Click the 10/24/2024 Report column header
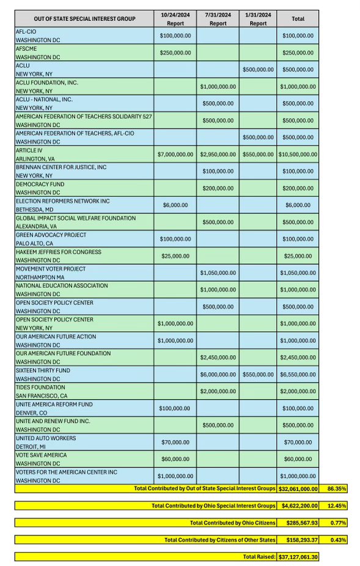(x=175, y=18)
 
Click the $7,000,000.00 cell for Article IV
(x=175, y=154)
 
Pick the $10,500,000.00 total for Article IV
(x=298, y=154)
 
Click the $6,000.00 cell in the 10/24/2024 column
(x=175, y=205)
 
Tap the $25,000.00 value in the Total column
(x=298, y=255)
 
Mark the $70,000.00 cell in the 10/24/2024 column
(x=175, y=442)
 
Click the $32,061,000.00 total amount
(x=298, y=488)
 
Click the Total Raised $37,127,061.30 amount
(x=298, y=556)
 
